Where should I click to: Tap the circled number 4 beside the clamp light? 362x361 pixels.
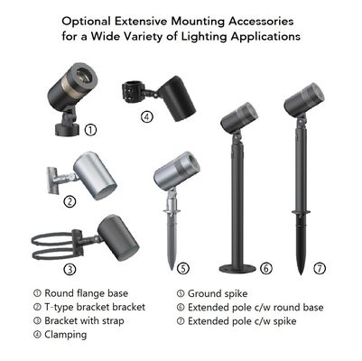[x=146, y=116]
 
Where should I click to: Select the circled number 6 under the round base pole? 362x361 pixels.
[x=265, y=268]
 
